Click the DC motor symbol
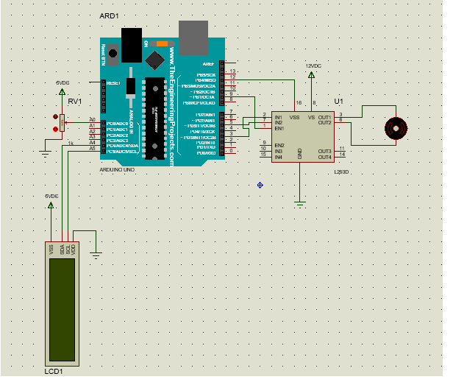pyautogui.click(x=398, y=129)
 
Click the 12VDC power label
pyautogui.click(x=313, y=66)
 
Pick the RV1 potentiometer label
pyautogui.click(x=74, y=102)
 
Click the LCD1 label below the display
pyautogui.click(x=54, y=372)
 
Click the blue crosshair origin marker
pyautogui.click(x=260, y=185)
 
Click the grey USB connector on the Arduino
pyautogui.click(x=193, y=35)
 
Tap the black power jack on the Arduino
pyautogui.click(x=132, y=44)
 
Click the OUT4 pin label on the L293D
pyautogui.click(x=324, y=157)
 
